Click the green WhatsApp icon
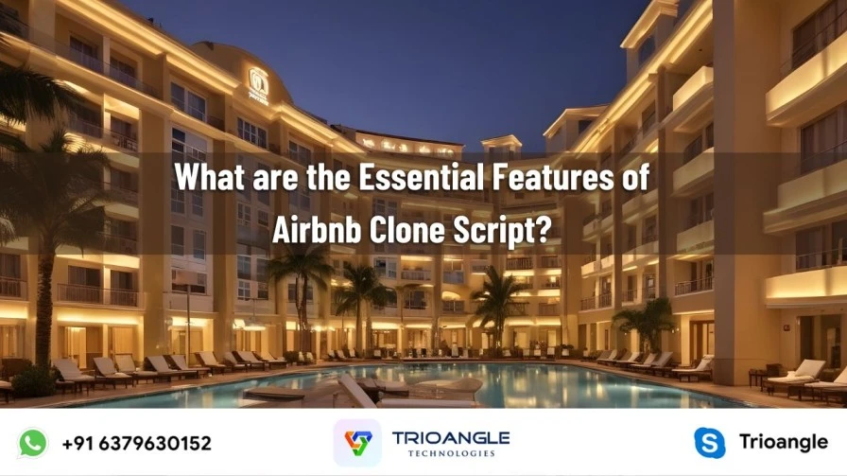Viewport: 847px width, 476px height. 33,443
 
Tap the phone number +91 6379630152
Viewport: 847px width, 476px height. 137,444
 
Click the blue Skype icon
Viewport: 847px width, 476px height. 709,443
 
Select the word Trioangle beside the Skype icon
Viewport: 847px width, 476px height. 784,441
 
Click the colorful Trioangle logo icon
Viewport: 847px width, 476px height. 357,443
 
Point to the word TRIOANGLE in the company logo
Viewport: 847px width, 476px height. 451,438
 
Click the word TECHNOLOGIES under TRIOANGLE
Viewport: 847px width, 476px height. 451,453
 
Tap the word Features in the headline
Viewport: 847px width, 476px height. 553,177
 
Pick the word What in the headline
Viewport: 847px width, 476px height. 210,177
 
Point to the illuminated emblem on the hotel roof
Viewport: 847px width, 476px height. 258,85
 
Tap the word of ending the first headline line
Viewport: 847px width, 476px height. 635,177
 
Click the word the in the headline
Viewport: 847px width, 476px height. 328,177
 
